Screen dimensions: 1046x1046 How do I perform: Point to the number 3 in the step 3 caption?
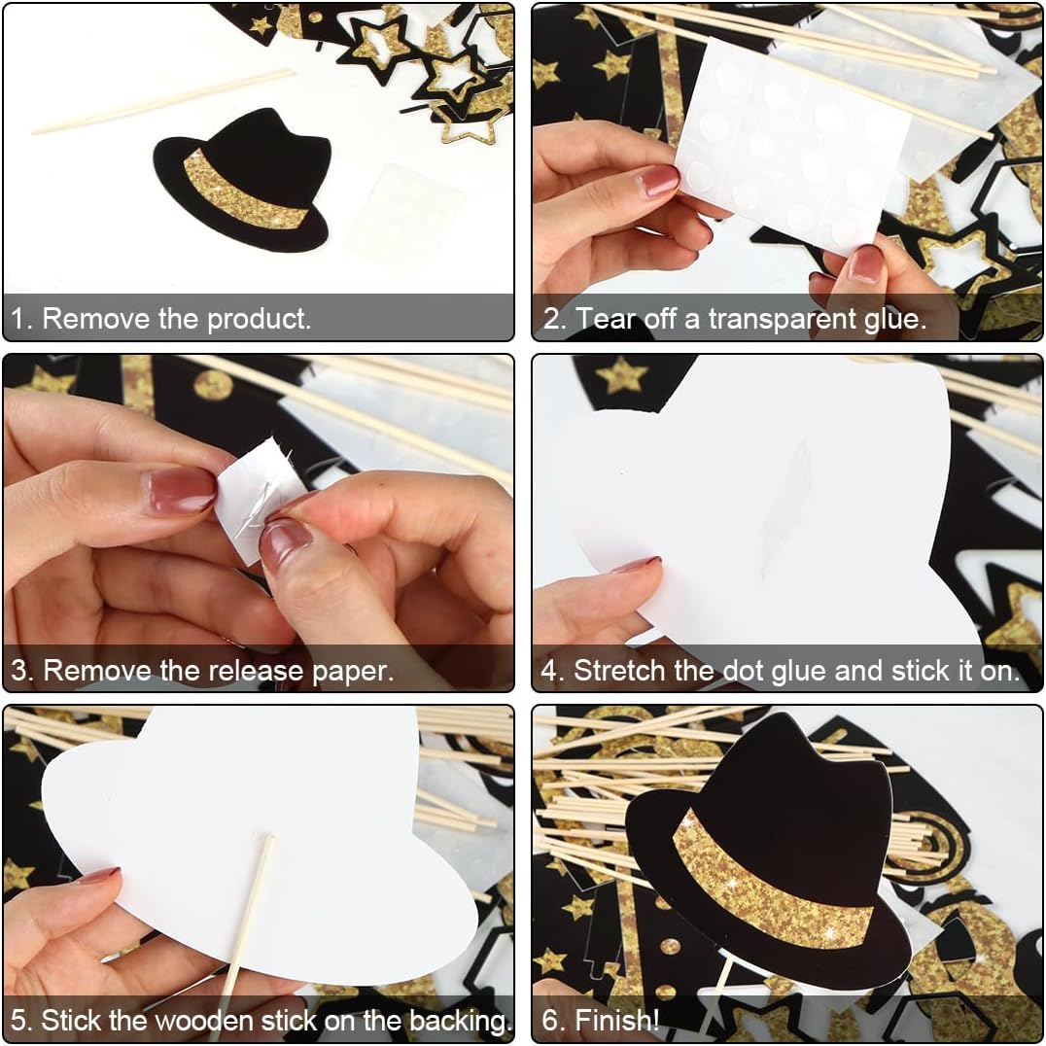[x=20, y=671]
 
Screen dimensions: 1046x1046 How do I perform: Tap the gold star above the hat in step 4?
[x=621, y=375]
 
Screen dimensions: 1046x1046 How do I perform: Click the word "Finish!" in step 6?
[x=616, y=1021]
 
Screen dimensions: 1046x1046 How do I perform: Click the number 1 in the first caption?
[x=18, y=319]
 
